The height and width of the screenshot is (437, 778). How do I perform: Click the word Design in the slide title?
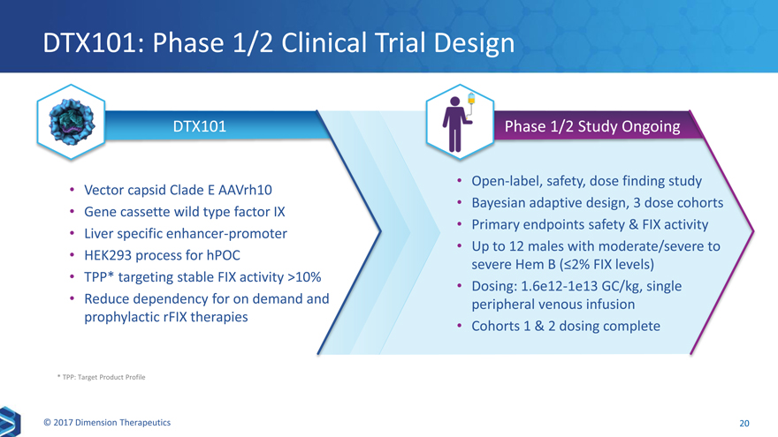pos(474,43)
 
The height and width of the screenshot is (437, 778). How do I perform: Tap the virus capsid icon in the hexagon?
pos(71,122)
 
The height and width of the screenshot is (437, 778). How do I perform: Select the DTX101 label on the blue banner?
pos(200,126)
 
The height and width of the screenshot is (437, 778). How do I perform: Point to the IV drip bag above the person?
pos(471,99)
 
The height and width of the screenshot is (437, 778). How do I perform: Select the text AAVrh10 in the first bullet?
pos(245,190)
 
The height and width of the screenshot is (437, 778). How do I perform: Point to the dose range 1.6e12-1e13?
pos(559,286)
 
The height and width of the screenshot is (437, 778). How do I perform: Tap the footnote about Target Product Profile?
pos(101,377)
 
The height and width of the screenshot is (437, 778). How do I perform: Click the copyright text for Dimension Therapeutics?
pos(107,423)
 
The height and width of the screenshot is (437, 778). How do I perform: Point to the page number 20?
pos(744,423)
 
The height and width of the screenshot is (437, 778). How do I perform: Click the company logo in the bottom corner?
pos(10,421)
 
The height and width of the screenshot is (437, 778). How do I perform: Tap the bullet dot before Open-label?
pos(460,181)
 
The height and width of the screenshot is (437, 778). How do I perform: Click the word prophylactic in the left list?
pos(122,317)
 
